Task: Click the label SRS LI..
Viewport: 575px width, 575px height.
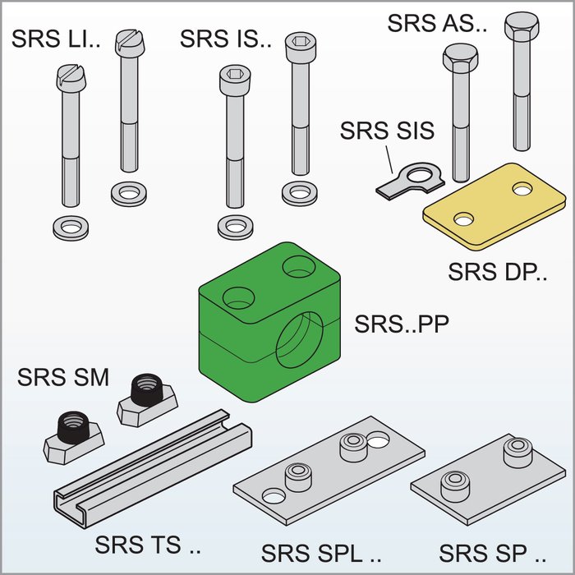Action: coord(55,39)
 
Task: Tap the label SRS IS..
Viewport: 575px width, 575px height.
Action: coord(225,39)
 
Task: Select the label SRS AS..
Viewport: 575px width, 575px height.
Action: coord(438,23)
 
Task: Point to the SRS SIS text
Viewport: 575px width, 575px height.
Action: coord(387,130)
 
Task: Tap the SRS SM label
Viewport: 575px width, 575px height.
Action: coord(63,379)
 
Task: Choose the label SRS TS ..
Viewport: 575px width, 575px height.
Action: coord(148,545)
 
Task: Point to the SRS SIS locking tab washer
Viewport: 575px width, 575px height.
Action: coord(411,179)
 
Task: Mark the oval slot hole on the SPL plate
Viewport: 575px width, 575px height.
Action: coord(379,441)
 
